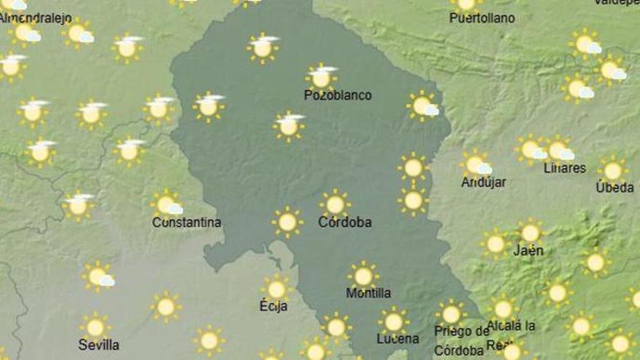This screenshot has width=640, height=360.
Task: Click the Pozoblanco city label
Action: pyautogui.click(x=337, y=95)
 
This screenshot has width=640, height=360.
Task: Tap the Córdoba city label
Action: pyautogui.click(x=345, y=223)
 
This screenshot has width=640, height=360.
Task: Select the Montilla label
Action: pyautogui.click(x=368, y=293)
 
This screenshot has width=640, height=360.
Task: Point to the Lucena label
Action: pyautogui.click(x=398, y=339)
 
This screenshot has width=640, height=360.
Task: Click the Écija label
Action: pyautogui.click(x=273, y=306)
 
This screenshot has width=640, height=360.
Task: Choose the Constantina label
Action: pyautogui.click(x=187, y=223)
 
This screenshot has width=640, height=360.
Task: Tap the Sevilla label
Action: pyautogui.click(x=99, y=344)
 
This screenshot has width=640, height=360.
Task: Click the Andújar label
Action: pyautogui.click(x=483, y=183)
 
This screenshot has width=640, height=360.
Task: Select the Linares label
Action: pyautogui.click(x=564, y=168)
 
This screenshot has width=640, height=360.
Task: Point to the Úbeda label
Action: pyautogui.click(x=615, y=188)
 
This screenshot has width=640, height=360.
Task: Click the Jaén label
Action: pyautogui.click(x=528, y=251)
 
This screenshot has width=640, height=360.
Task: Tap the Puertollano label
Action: pyautogui.click(x=482, y=17)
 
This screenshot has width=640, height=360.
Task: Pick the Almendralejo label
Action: pyautogui.click(x=31, y=17)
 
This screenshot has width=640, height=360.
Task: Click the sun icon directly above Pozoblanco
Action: pyautogui.click(x=321, y=76)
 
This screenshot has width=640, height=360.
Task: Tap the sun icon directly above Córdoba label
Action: pyautogui.click(x=335, y=203)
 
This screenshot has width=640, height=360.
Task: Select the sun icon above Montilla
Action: pyautogui.click(x=363, y=276)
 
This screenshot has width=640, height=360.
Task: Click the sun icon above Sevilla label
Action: pyautogui.click(x=95, y=326)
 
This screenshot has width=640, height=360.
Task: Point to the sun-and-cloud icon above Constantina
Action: pyautogui.click(x=167, y=204)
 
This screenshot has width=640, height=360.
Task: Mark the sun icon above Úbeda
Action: pyautogui.click(x=613, y=170)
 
